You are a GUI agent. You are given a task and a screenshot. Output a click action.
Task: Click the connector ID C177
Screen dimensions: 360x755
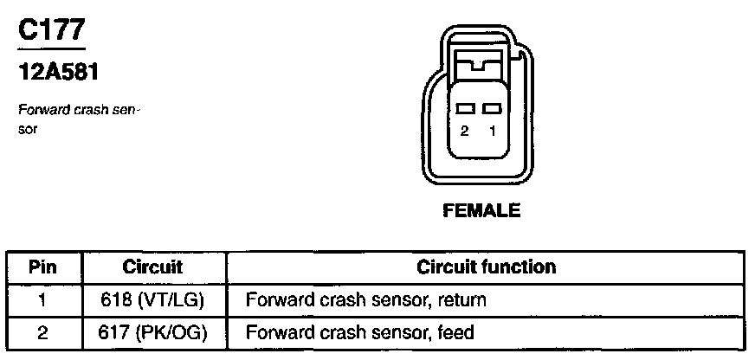(x=51, y=30)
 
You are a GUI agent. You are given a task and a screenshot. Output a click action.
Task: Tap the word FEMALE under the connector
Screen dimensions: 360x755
(x=481, y=210)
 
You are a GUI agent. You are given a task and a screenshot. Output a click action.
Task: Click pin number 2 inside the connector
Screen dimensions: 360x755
(x=465, y=132)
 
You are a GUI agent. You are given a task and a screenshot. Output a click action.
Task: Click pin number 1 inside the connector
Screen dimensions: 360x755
(x=493, y=132)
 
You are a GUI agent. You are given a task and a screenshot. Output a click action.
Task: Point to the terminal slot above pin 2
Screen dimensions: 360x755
(x=465, y=109)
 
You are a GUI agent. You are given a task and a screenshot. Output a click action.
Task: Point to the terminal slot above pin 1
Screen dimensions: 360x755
(x=492, y=109)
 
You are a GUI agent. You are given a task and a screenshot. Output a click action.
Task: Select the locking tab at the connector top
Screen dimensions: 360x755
(x=480, y=67)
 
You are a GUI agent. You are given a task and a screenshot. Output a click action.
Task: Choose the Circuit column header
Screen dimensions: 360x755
(x=152, y=267)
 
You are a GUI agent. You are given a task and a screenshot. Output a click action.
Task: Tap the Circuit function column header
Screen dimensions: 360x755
(x=487, y=267)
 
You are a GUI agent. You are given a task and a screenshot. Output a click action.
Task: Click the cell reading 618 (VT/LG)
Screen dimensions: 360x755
(x=152, y=300)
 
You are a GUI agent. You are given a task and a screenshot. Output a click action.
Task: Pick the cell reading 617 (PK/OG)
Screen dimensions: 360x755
(x=152, y=331)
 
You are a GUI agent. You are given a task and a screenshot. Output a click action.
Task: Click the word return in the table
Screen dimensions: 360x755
(x=463, y=301)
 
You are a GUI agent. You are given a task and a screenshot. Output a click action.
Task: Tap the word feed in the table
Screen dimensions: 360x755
(x=458, y=331)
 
